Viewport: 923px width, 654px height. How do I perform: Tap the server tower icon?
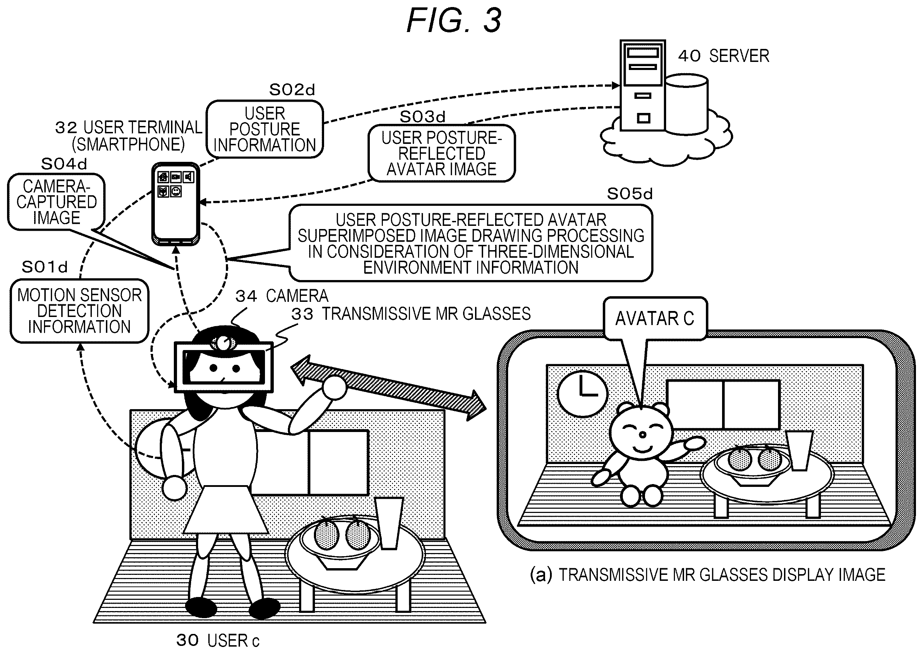tap(642, 85)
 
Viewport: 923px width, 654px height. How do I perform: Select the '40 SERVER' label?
tap(724, 56)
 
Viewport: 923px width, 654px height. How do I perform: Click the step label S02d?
tap(292, 90)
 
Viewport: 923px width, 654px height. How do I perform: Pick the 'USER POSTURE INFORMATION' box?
tap(265, 129)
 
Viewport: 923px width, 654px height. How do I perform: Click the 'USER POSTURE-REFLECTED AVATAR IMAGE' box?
tap(441, 153)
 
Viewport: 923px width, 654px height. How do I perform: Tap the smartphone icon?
tap(176, 204)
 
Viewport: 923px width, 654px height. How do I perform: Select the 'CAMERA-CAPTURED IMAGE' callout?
tap(56, 202)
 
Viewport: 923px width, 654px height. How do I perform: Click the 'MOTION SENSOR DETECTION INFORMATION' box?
tap(79, 311)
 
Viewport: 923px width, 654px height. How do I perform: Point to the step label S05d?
tap(630, 194)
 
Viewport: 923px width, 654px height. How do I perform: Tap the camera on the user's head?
tap(223, 343)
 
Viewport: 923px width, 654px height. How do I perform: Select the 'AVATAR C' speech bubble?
tap(655, 318)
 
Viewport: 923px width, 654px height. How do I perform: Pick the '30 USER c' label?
tap(218, 640)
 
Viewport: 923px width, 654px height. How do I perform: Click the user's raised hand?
tap(334, 388)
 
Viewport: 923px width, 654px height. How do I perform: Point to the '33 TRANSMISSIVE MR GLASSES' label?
tap(411, 314)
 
